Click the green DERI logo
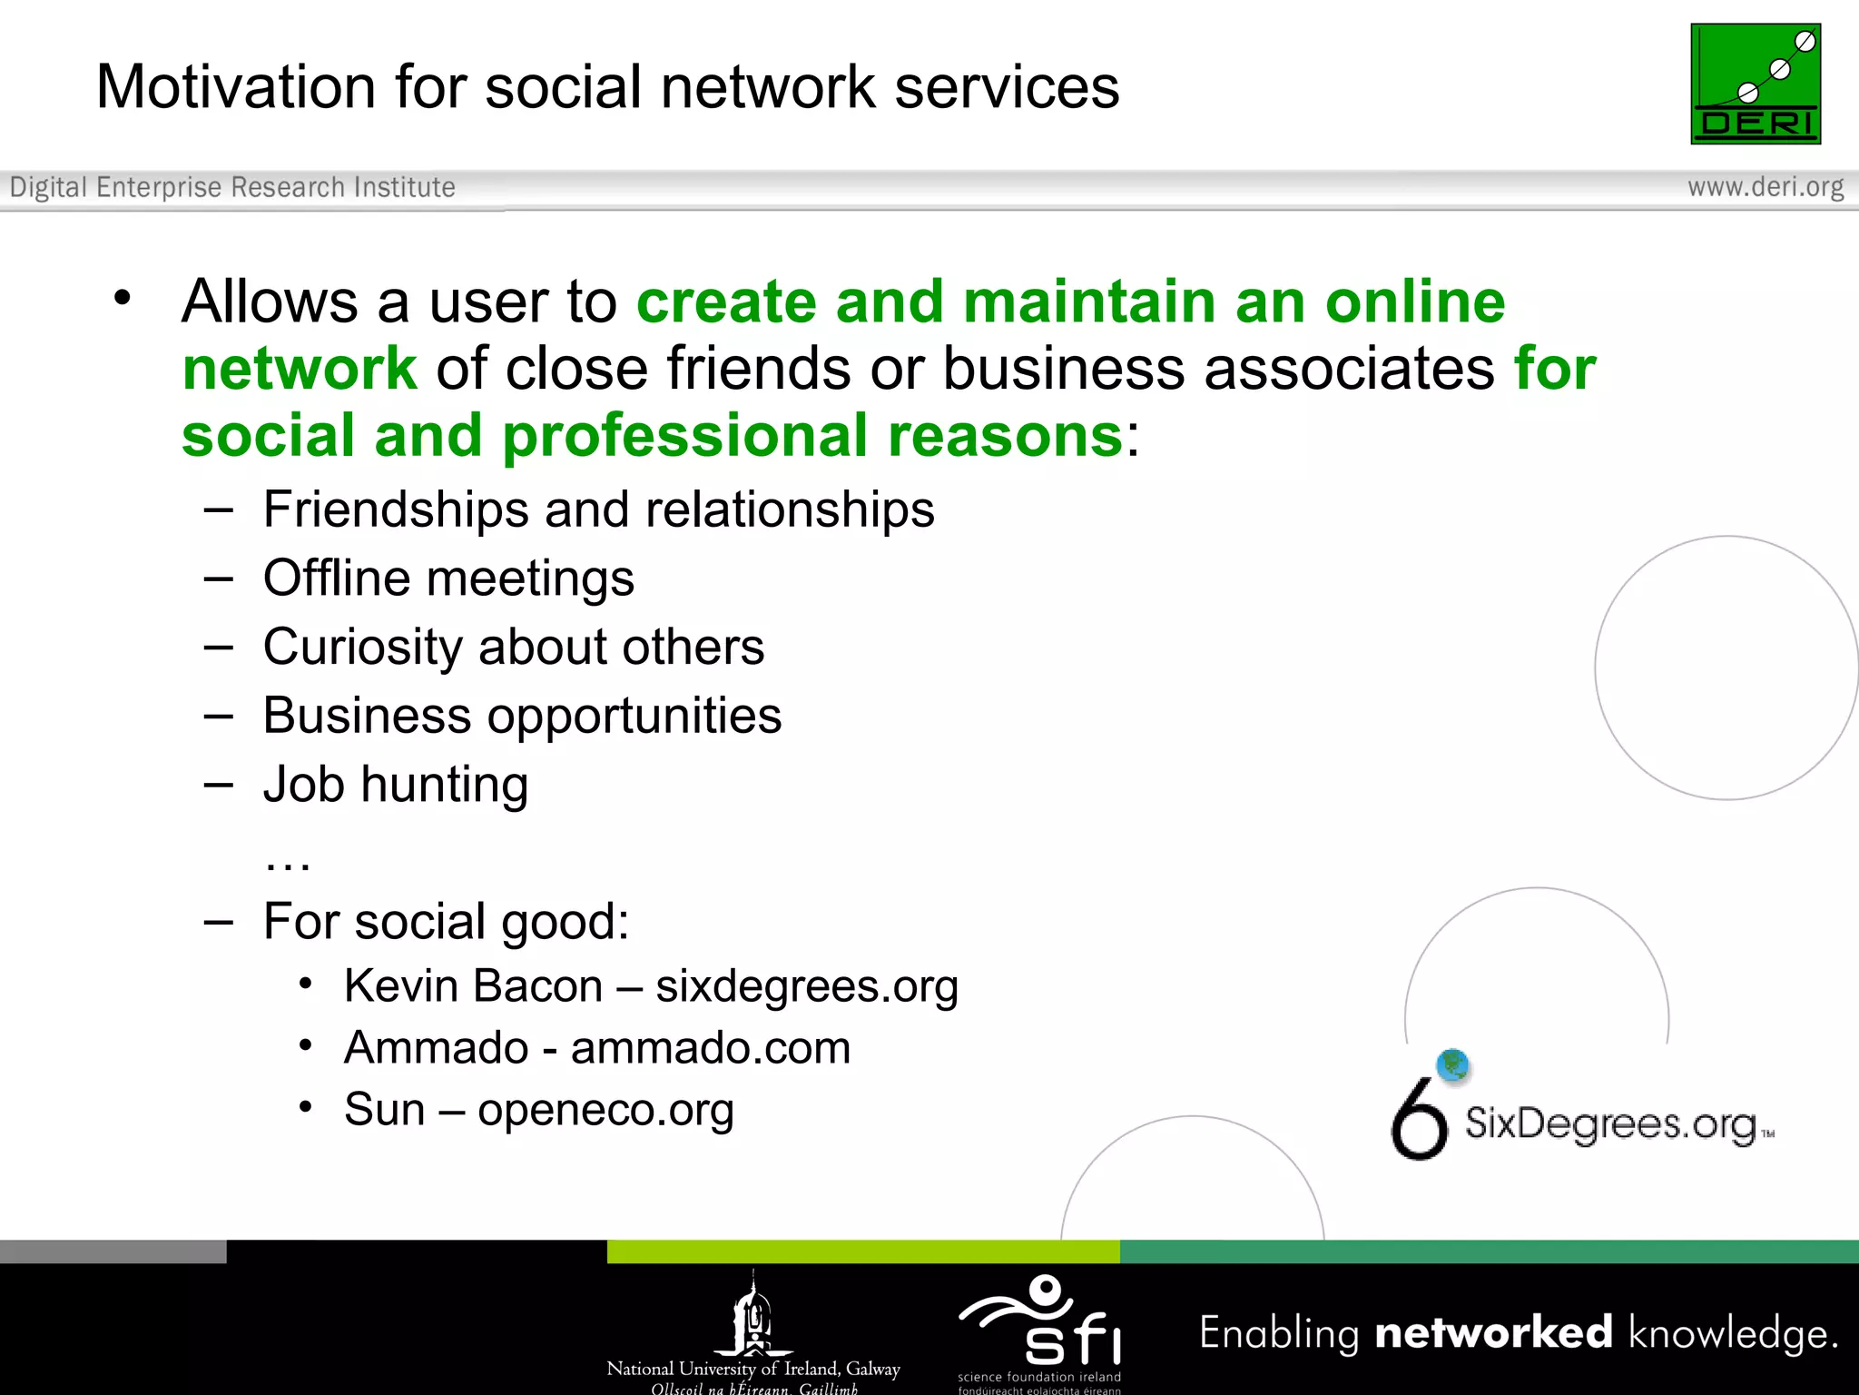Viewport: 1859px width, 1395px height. point(1755,84)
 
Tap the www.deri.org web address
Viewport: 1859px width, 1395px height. point(1765,187)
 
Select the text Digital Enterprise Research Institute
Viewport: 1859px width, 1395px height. point(232,187)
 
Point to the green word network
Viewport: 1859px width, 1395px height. point(300,369)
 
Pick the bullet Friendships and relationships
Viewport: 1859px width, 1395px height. point(598,510)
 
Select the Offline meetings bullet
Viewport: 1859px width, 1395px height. point(448,579)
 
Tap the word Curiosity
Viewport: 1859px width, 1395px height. point(362,648)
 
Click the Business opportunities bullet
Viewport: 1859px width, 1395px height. point(522,716)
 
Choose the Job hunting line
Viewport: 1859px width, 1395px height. point(396,785)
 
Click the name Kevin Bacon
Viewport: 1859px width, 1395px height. point(473,986)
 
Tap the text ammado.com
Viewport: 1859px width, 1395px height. point(710,1048)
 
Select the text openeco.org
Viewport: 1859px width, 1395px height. point(605,1110)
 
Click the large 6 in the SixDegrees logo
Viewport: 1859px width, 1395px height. point(1419,1120)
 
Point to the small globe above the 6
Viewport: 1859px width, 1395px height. point(1453,1064)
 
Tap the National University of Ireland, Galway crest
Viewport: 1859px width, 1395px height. point(753,1315)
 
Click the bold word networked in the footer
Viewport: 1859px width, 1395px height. point(1493,1333)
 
